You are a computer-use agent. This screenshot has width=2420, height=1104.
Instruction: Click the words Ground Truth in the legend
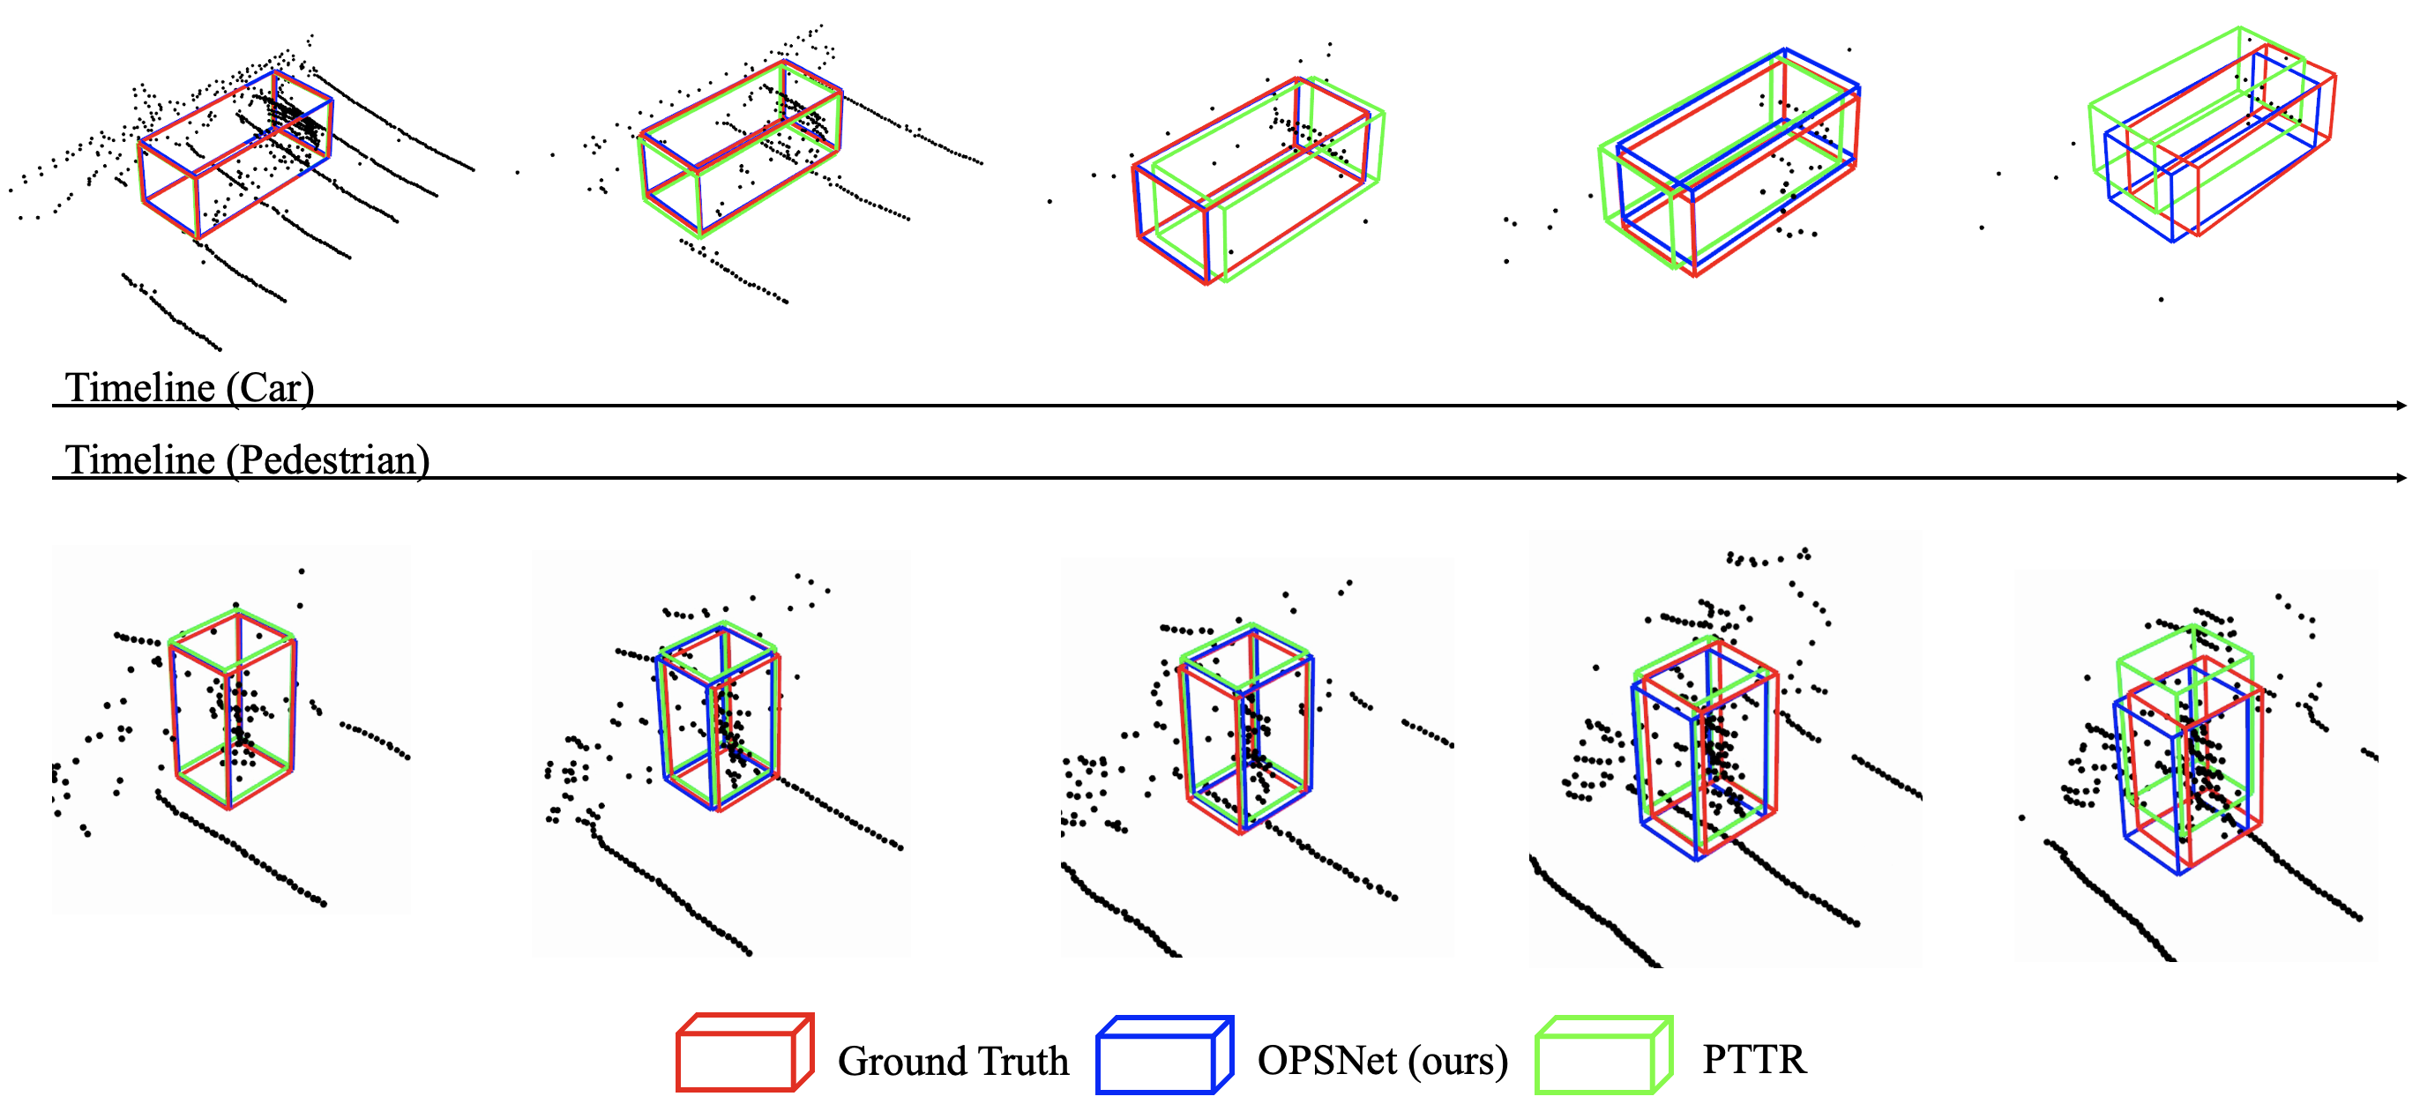(952, 1061)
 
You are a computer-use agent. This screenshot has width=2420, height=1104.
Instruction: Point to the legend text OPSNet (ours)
(1382, 1061)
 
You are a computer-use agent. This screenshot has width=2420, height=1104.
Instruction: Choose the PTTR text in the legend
(1754, 1059)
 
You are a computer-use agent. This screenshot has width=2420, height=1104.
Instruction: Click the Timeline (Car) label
(189, 387)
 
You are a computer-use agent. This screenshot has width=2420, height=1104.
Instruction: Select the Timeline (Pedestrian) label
(247, 459)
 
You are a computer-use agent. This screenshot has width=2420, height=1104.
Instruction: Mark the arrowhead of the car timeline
(2401, 405)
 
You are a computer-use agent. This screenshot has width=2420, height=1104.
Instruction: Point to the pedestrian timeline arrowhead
(2401, 477)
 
